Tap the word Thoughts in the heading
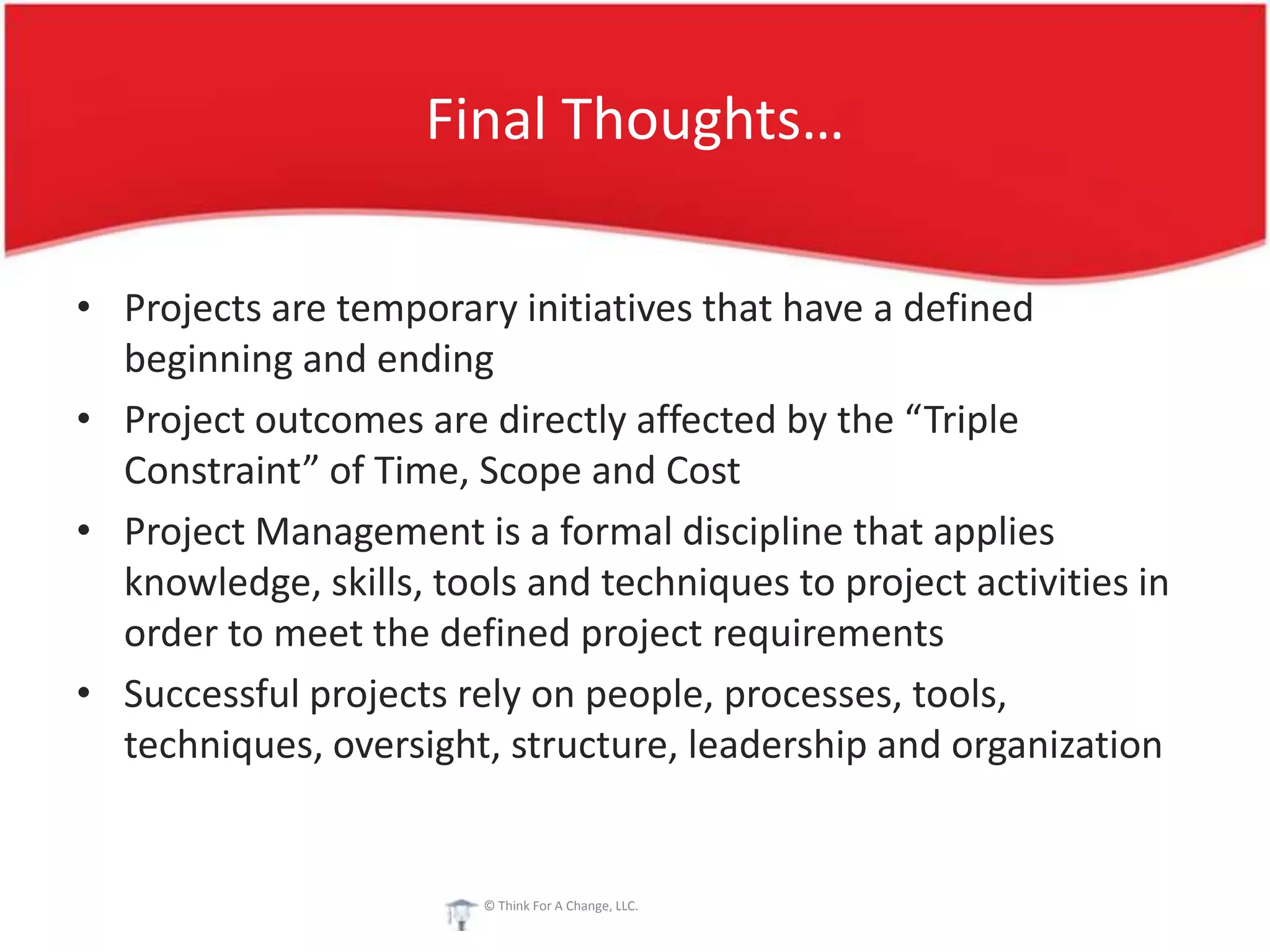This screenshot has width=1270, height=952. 682,121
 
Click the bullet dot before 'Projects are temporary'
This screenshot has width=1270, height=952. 84,307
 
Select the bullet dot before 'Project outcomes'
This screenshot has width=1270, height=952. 84,419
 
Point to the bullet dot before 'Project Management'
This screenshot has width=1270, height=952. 84,531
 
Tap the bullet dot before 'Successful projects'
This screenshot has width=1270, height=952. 84,693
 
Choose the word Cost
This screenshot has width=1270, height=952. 703,471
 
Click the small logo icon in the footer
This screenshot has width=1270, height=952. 460,914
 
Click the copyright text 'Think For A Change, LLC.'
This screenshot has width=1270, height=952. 561,906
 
